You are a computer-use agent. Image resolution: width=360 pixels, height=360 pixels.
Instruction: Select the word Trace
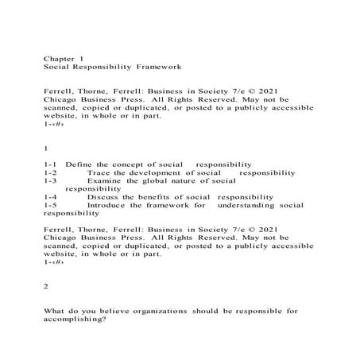tap(99, 172)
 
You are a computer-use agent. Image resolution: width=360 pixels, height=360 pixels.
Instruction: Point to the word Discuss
tap(105, 196)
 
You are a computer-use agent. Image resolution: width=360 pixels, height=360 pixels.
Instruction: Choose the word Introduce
tap(110, 205)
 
